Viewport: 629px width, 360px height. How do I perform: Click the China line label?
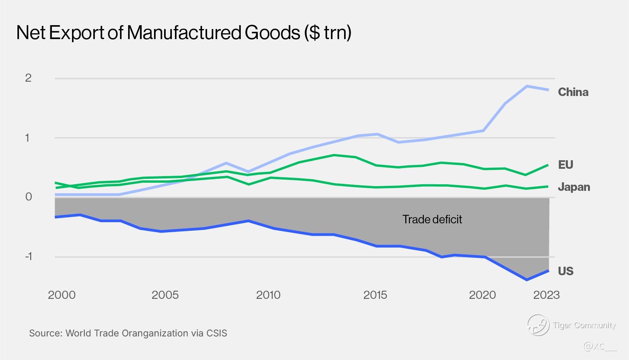point(573,92)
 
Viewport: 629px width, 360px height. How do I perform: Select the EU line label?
point(565,165)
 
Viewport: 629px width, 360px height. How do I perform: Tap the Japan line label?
point(574,187)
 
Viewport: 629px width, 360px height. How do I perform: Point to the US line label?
point(565,271)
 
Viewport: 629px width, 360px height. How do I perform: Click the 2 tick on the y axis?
point(28,78)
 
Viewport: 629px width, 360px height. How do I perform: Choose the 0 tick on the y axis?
point(28,197)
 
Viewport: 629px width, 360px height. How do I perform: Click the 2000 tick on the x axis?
point(62,295)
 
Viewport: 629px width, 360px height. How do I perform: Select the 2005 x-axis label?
point(165,295)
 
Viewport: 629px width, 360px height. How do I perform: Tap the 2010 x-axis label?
point(268,295)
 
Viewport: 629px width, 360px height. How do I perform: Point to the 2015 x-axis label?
point(375,295)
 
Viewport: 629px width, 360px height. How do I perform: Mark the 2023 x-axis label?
point(546,295)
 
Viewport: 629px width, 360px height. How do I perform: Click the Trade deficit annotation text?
point(432,219)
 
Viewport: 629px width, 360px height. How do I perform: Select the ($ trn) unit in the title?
point(327,33)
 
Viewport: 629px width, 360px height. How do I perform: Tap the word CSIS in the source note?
point(217,333)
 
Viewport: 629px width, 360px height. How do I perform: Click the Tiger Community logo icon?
point(538,325)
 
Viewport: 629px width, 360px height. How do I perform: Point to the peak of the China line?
point(527,86)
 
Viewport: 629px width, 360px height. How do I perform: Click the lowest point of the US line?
point(527,279)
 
